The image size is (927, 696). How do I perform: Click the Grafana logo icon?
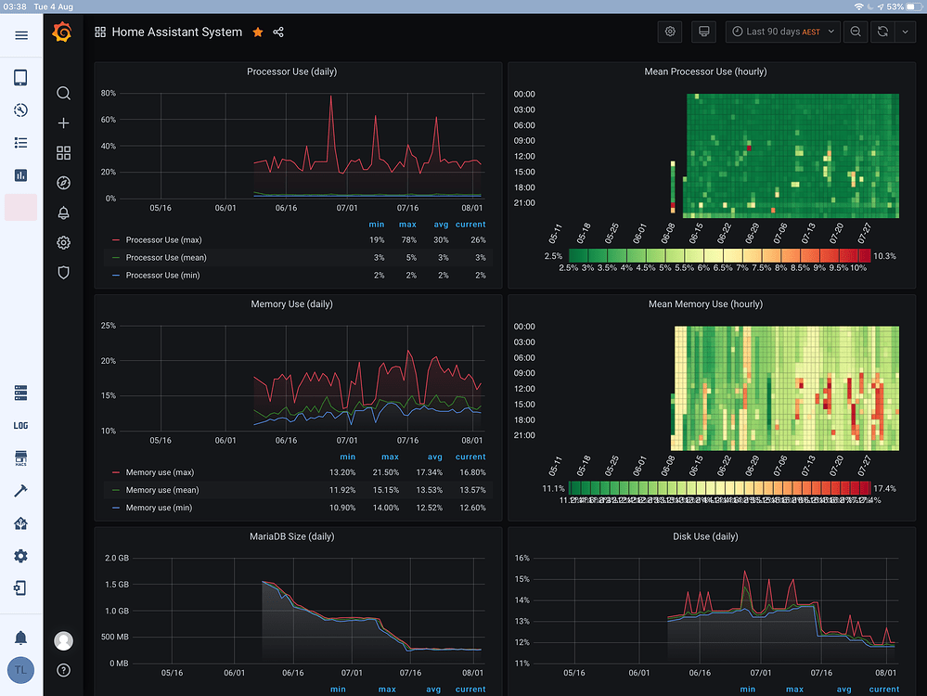pos(63,32)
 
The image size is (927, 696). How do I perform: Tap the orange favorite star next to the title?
pos(258,32)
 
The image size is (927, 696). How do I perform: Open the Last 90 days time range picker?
pos(782,32)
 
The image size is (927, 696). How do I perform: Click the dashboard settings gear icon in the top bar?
pos(670,32)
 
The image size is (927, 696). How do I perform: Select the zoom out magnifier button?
pos(856,32)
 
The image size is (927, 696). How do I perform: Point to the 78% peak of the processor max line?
pos(331,97)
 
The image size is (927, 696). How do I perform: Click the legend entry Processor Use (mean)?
pos(165,258)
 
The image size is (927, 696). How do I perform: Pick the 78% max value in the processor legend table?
pos(407,240)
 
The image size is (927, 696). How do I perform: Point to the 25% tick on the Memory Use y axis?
pos(108,326)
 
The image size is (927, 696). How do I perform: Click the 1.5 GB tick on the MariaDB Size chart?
pos(117,585)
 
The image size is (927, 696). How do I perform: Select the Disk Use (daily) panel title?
pos(705,536)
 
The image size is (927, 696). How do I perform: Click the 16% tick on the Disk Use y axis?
pos(521,559)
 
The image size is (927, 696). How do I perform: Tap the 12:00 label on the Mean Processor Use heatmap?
pos(524,156)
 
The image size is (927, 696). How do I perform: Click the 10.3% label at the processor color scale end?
pos(884,256)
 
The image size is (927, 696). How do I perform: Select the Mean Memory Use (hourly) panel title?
pos(705,304)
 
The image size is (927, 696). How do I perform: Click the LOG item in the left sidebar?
pos(20,426)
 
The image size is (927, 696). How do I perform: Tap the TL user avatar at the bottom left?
pos(20,670)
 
